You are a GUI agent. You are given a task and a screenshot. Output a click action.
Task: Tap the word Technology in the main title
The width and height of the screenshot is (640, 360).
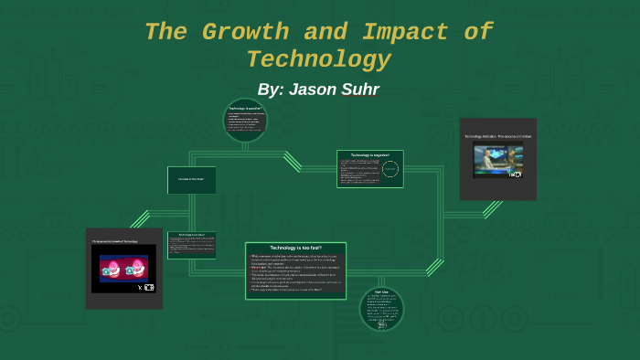(x=318, y=60)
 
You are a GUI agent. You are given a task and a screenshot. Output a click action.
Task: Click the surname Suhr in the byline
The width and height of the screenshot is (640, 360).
(x=360, y=90)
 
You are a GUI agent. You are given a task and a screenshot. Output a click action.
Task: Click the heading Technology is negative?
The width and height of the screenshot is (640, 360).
(x=369, y=155)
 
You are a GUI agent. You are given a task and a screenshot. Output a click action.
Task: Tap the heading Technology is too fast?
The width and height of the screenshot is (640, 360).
(x=295, y=249)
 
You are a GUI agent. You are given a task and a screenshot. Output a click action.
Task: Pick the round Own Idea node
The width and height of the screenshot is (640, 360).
(x=382, y=309)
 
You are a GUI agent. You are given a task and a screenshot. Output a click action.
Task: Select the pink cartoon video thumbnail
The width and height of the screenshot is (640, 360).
(x=123, y=270)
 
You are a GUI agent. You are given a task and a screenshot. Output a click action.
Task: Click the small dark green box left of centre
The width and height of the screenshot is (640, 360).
(x=192, y=180)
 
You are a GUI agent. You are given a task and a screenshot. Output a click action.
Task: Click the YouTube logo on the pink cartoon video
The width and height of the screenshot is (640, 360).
(x=149, y=287)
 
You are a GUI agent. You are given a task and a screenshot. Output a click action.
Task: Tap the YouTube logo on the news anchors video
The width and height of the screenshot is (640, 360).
(x=516, y=174)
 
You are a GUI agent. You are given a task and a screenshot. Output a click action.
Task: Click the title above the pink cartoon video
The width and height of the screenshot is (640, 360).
(x=123, y=241)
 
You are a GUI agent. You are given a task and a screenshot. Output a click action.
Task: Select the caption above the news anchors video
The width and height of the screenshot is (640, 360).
(x=497, y=136)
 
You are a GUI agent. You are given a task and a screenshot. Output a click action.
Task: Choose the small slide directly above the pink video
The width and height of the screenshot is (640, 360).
(x=192, y=245)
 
